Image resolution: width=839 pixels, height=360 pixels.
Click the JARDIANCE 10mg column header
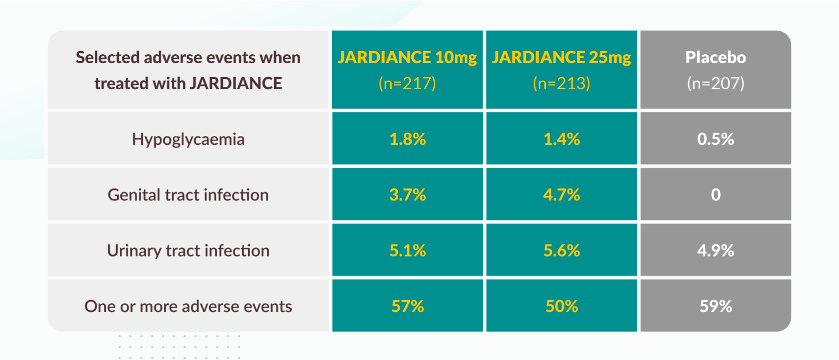[407, 58]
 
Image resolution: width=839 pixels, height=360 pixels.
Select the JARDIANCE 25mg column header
[561, 58]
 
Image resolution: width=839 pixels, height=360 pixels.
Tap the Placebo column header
[716, 58]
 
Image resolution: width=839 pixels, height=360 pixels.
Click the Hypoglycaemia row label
[188, 139]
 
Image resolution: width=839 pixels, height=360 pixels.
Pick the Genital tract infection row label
[188, 195]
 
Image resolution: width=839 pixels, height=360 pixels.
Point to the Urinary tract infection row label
[188, 251]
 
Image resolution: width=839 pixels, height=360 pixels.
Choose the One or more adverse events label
[188, 306]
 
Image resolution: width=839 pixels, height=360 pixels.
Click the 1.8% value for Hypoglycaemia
[407, 139]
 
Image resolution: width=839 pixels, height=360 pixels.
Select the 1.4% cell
[561, 139]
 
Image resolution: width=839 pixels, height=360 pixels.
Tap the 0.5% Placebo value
[716, 139]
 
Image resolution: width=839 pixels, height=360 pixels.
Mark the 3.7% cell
[407, 195]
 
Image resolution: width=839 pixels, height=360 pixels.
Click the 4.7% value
[561, 195]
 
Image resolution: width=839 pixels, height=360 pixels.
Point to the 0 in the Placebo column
[716, 195]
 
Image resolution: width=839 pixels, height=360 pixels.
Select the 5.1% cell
[407, 251]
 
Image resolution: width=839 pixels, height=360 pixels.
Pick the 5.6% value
[561, 251]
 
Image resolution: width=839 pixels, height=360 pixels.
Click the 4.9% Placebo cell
[716, 251]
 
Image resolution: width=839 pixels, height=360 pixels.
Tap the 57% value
[407, 306]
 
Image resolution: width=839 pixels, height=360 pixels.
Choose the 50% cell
[561, 306]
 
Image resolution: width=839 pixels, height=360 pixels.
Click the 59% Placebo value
[716, 306]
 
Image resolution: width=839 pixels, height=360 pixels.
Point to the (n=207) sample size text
[716, 84]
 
